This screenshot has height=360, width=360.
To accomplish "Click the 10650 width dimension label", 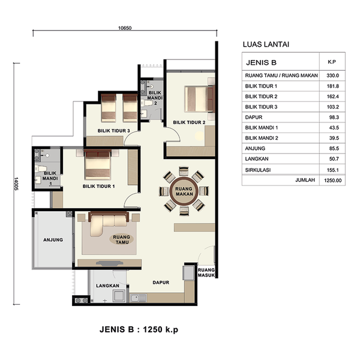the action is coord(125,28).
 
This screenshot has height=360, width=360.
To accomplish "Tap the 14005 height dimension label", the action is coord(16,184).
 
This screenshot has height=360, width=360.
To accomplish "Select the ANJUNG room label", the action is coord(53,239).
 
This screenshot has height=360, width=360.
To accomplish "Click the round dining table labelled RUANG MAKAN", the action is coord(184,191).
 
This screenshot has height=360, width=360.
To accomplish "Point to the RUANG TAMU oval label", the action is coord(121,239).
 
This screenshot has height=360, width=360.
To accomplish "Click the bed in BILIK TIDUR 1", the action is coord(98,164).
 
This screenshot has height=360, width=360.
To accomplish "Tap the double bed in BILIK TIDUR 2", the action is coord(200,99).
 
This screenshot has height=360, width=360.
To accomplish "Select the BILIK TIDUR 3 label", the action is coord(113,131).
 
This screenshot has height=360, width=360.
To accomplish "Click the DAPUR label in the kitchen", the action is coord(161,283).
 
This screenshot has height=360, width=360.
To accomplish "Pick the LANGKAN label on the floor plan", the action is coord(107,286).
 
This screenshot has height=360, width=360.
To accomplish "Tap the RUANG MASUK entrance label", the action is coord(206,272).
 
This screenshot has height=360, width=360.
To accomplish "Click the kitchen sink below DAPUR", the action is coord(138,298).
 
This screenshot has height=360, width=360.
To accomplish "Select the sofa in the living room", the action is coord(109,224).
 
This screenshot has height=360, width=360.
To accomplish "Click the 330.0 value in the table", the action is coord(332,76).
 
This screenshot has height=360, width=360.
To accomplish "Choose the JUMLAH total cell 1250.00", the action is coord(332,181).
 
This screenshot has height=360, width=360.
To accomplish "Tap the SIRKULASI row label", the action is coord(258,170).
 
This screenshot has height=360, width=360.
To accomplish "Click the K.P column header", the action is coord(332,62).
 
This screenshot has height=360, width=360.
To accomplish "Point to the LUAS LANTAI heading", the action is coord(266,44).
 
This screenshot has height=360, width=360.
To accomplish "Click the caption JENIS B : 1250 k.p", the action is coord(139,329).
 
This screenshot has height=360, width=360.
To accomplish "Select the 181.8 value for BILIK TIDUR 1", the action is coord(332,86).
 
